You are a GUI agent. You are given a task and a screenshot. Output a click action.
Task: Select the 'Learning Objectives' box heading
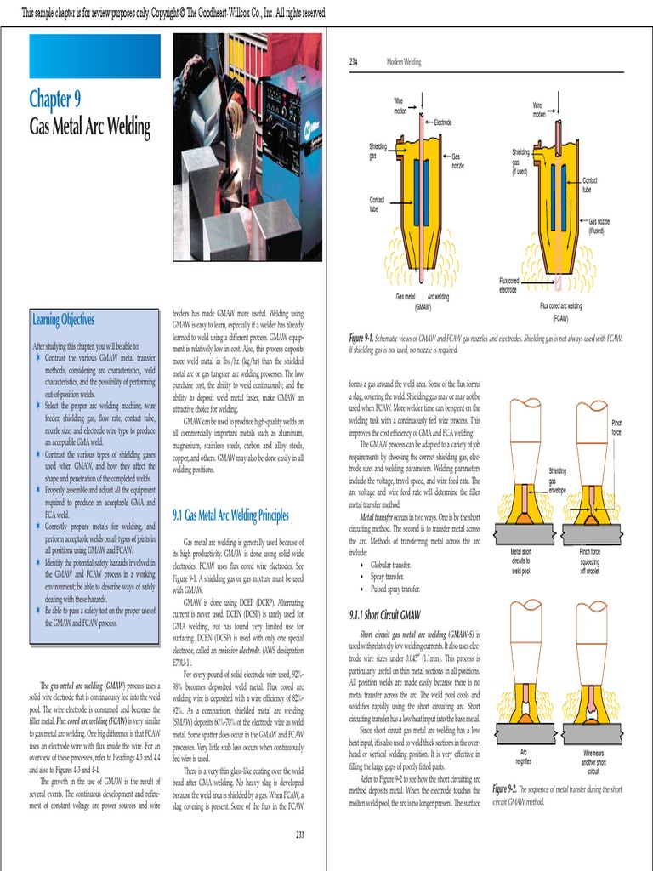pyautogui.click(x=64, y=320)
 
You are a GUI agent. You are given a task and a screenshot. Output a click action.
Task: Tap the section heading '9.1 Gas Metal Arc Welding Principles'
pyautogui.click(x=230, y=515)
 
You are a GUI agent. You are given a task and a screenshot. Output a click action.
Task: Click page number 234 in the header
pyautogui.click(x=355, y=62)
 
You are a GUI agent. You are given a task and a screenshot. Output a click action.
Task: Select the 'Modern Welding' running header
pyautogui.click(x=404, y=62)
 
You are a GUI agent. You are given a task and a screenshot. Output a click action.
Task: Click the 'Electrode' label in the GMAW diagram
pyautogui.click(x=443, y=123)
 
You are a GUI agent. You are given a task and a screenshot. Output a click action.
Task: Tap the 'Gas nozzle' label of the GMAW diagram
pyautogui.click(x=457, y=160)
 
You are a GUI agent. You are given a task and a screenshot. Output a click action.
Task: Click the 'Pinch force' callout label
pyautogui.click(x=616, y=427)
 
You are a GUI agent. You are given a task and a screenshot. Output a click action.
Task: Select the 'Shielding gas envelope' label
pyautogui.click(x=558, y=481)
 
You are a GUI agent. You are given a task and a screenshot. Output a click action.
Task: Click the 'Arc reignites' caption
pyautogui.click(x=524, y=757)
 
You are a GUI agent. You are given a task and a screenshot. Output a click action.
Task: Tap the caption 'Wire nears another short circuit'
pyautogui.click(x=593, y=762)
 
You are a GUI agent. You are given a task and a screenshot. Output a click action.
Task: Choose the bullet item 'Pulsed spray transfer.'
pyautogui.click(x=396, y=588)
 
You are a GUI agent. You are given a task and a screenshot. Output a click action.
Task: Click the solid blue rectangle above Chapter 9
pyautogui.click(x=95, y=56)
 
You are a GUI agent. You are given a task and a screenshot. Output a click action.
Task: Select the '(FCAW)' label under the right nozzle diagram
pyautogui.click(x=560, y=318)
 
